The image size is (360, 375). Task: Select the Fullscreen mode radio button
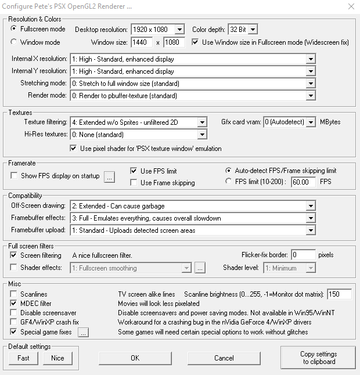14,28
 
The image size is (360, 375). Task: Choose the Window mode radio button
14,42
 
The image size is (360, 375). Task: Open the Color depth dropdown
243,29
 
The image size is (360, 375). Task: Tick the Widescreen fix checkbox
195,42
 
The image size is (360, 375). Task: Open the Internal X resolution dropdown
192,59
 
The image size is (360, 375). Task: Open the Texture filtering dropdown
138,122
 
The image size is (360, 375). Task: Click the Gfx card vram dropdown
289,122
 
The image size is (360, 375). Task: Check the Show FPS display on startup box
14,176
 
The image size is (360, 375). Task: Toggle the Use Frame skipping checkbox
134,183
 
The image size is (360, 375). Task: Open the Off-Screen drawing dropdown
192,206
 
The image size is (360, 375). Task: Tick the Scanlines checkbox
14,294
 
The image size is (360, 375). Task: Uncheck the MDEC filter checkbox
14,304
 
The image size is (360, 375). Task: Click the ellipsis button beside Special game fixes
83,332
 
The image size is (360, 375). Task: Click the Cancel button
224,358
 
